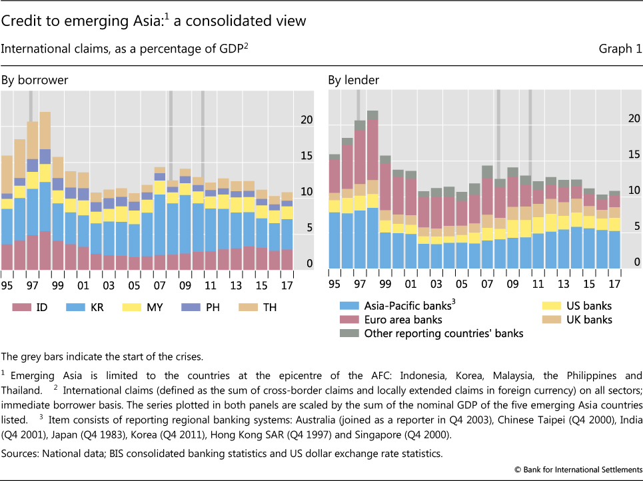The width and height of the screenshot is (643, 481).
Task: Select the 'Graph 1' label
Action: click(x=616, y=48)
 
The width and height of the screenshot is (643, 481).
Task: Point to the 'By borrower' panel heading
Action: click(x=35, y=81)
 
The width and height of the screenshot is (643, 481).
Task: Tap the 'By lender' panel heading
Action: click(x=353, y=81)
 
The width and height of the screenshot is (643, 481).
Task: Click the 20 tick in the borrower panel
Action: click(x=305, y=120)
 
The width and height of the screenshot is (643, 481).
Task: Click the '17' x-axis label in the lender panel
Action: click(x=614, y=284)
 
